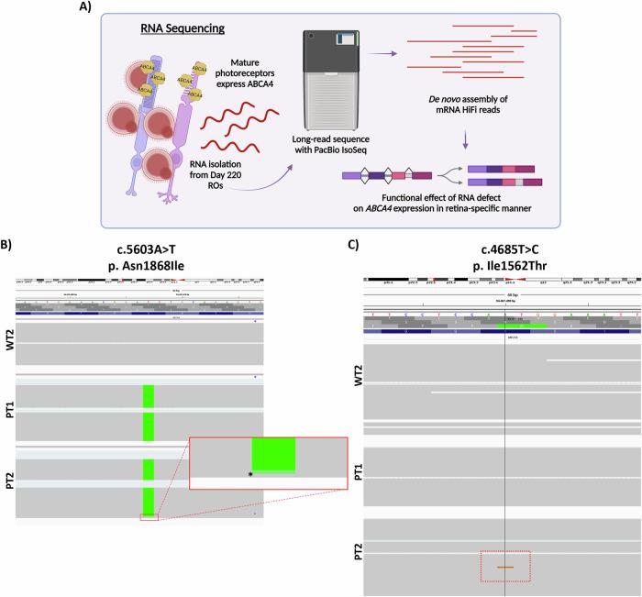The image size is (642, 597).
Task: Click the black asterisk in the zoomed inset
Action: click(249, 474)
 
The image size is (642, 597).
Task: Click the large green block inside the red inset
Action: click(273, 455)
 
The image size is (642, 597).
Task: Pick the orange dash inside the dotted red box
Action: click(505, 568)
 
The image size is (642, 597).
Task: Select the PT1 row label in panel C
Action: click(357, 475)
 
